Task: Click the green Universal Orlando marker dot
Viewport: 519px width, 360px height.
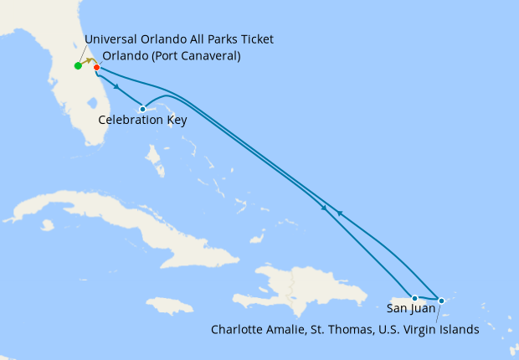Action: pos(78,65)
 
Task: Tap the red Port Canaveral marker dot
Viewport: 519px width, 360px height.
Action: pos(96,67)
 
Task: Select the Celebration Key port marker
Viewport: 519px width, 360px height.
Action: pos(143,109)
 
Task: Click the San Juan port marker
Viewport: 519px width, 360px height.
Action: pos(414,298)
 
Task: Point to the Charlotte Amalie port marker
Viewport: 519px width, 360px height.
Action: pos(441,300)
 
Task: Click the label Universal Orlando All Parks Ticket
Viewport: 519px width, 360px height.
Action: pos(179,40)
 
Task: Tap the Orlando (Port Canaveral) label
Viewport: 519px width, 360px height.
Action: pos(172,56)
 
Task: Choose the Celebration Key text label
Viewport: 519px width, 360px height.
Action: pos(142,121)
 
